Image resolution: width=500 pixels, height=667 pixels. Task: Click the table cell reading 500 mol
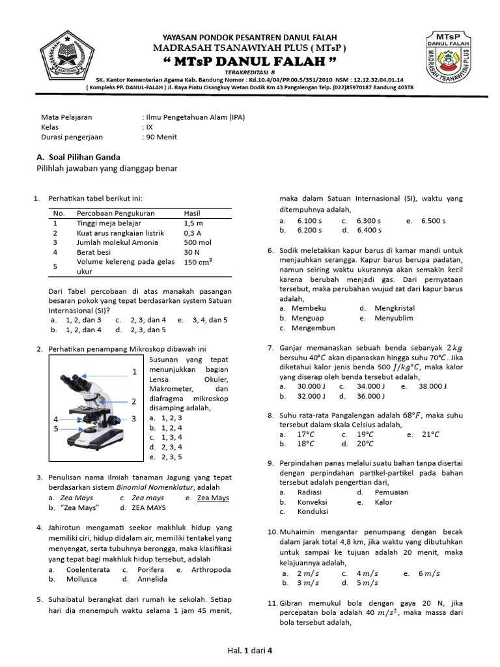point(197,242)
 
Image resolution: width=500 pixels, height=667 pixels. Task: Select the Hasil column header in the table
point(193,213)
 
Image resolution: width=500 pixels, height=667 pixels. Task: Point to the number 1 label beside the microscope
point(134,372)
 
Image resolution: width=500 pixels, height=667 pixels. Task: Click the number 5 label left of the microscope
point(56,429)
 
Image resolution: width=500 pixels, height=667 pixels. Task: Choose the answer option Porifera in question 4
point(151,569)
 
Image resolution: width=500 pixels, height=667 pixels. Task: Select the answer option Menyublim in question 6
point(393,318)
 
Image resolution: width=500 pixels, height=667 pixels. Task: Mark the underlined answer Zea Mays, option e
point(213,498)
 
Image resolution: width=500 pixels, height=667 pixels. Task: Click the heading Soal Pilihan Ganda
point(83,157)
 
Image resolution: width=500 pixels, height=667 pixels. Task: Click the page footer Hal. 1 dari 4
point(249,649)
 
